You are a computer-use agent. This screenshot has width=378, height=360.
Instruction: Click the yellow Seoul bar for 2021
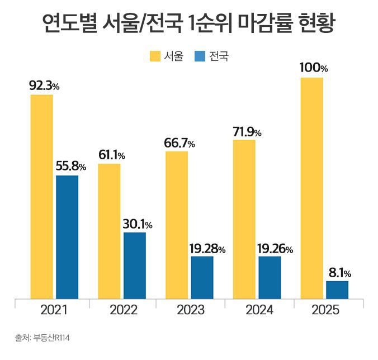coord(42,196)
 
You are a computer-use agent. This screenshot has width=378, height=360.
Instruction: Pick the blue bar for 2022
coord(134,265)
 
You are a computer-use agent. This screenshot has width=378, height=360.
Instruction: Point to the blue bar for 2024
coord(270,277)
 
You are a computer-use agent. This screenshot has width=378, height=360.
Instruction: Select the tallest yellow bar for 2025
coord(311,188)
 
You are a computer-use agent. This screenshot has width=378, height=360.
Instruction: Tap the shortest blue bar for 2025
coord(337,290)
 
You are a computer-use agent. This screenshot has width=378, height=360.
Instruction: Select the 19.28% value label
coord(206,249)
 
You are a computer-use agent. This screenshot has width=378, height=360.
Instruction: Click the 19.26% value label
coord(274,249)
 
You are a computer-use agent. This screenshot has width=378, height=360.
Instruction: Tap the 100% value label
coord(314,68)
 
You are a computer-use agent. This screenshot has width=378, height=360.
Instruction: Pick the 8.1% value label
coord(339,273)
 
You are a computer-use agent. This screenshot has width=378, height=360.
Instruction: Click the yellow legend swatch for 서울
coord(155,56)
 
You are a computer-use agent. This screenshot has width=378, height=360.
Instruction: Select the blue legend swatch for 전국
coord(200,56)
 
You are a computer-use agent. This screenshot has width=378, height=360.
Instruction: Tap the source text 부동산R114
coord(51,338)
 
